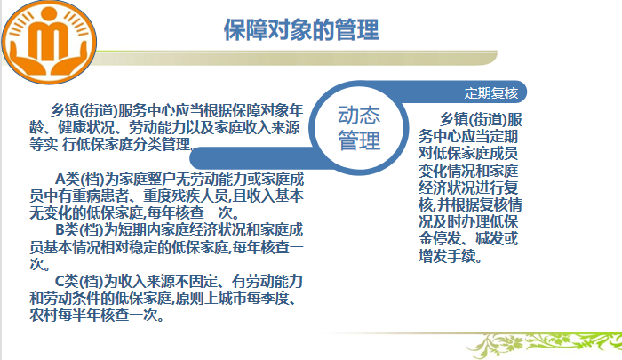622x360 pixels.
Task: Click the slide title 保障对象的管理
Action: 301,29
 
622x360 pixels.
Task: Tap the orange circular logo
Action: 49,42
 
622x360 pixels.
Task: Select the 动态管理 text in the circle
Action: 359,128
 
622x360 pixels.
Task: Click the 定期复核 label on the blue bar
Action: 491,93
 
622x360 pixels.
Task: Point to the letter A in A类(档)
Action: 60,179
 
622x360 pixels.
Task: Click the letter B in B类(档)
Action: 60,230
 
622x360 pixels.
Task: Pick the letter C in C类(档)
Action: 60,281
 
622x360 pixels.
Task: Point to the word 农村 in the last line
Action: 44,316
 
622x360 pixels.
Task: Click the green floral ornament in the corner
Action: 544,345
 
